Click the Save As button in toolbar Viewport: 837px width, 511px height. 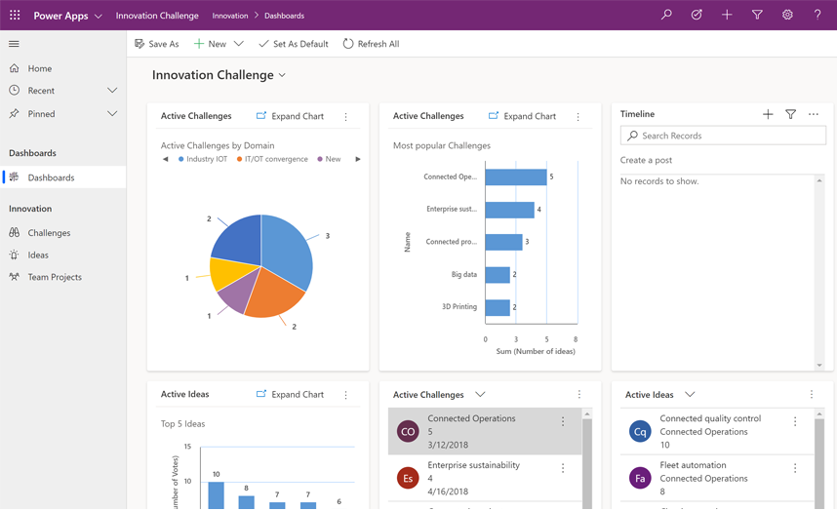click(157, 44)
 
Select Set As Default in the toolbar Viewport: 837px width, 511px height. click(293, 44)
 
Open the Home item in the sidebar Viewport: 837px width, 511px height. click(39, 68)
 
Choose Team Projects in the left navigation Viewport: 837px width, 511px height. click(54, 277)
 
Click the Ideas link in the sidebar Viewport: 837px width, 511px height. click(38, 255)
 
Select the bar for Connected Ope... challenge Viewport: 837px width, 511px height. click(515, 177)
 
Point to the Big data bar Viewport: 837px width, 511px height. click(497, 275)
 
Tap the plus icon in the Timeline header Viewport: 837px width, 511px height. click(768, 114)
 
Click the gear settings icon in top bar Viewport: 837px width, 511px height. click(787, 15)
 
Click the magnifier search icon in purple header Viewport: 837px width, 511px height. click(666, 15)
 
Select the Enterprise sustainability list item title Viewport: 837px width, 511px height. click(473, 465)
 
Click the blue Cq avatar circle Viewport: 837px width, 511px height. click(640, 431)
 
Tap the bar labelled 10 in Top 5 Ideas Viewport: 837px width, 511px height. click(216, 494)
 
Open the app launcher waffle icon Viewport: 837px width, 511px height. click(15, 15)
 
